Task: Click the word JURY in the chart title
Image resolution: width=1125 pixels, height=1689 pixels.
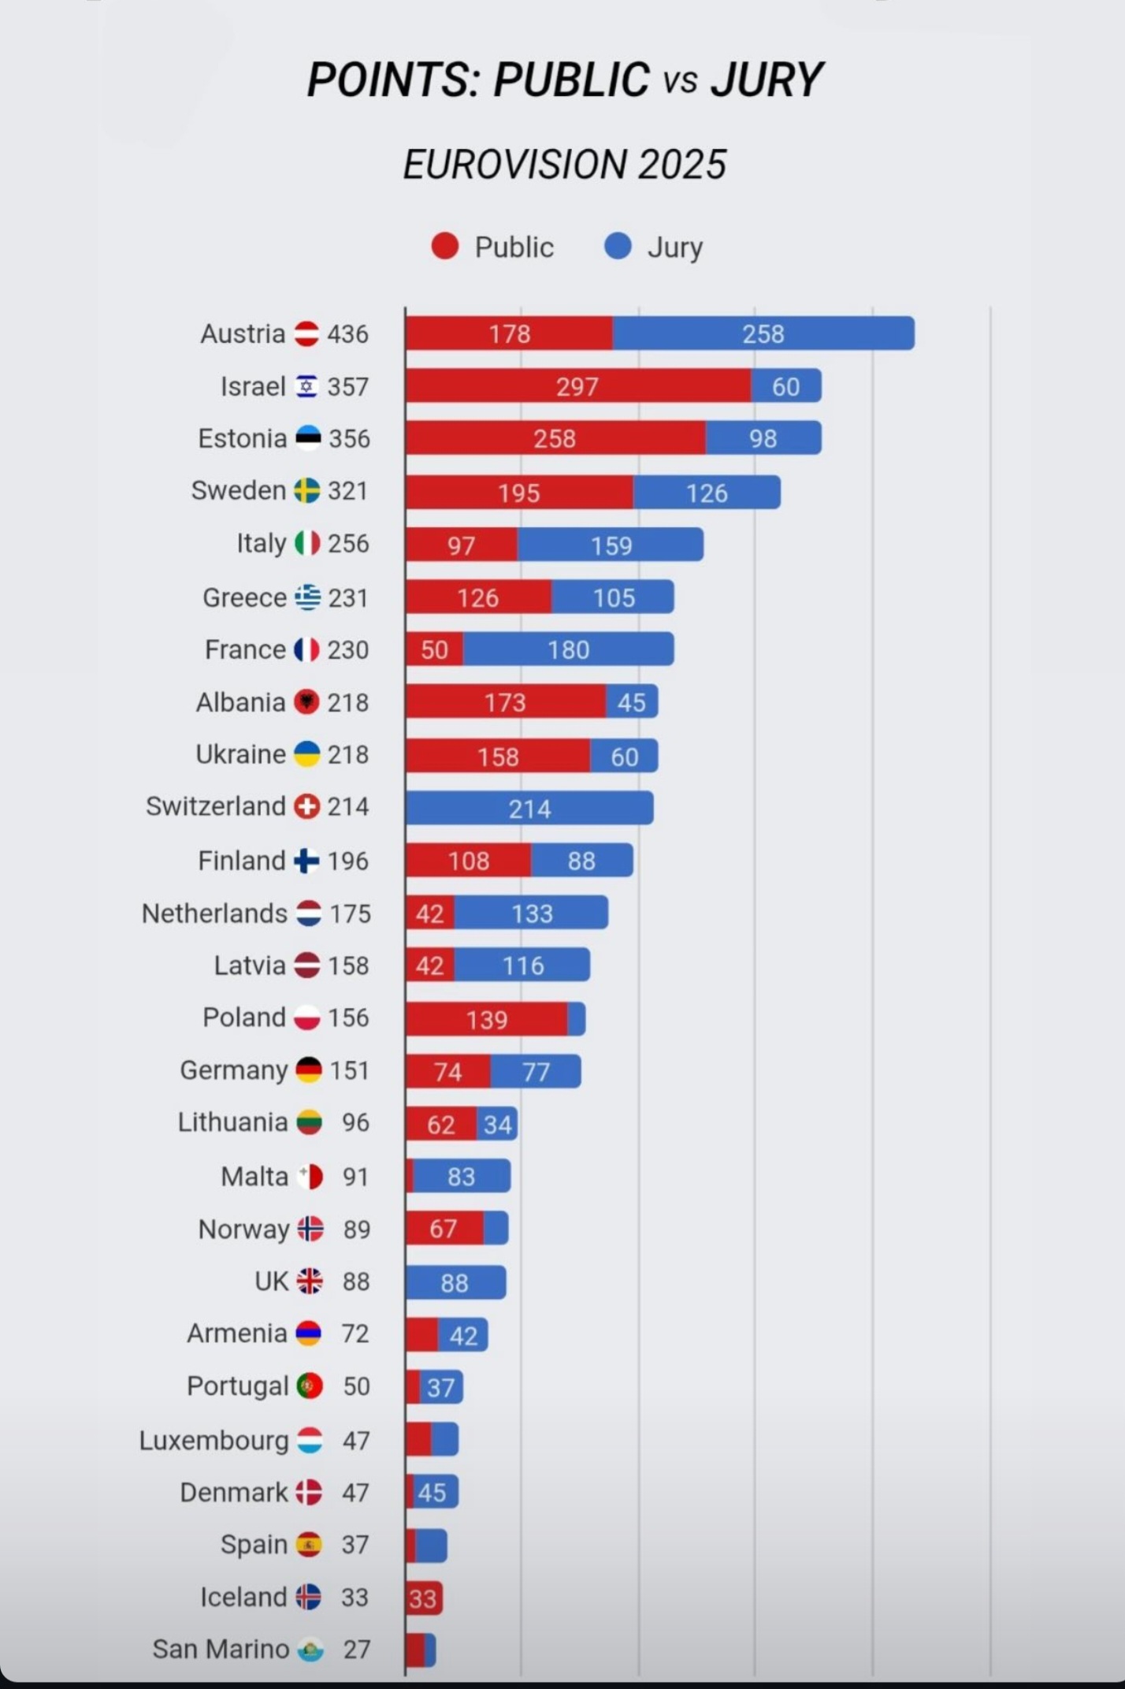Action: pos(766,80)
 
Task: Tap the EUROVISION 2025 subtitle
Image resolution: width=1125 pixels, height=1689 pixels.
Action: pos(564,164)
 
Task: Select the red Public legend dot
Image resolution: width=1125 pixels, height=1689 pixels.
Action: pos(445,246)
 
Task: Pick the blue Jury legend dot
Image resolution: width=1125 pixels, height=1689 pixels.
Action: pos(618,246)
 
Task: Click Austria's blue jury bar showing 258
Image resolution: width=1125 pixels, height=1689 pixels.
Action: pos(763,333)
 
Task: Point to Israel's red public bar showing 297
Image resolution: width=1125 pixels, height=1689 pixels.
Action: pos(577,386)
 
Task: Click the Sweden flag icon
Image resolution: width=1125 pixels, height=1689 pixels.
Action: pos(306,490)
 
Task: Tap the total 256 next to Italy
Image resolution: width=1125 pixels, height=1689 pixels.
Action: pos(348,543)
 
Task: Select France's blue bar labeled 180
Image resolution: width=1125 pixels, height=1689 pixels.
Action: pos(568,649)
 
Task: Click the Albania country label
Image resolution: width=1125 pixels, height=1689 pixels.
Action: pos(240,702)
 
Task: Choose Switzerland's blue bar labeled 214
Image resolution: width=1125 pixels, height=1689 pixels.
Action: pos(529,808)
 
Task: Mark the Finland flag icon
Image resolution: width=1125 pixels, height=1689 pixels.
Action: pos(306,861)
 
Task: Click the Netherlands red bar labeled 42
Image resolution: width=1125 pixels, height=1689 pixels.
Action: pos(430,913)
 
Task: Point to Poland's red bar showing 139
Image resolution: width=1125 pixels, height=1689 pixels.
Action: pos(487,1019)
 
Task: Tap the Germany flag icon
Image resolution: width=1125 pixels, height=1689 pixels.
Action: pos(309,1070)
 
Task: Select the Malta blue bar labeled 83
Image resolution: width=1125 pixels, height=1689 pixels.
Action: pos(462,1176)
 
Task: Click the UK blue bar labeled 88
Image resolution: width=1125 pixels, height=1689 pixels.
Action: pos(455,1282)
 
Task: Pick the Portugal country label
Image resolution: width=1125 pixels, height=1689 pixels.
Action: pos(237,1386)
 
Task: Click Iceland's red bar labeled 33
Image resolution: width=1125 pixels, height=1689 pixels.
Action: pos(423,1598)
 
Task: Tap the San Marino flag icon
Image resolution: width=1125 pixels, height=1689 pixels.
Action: pos(310,1650)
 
